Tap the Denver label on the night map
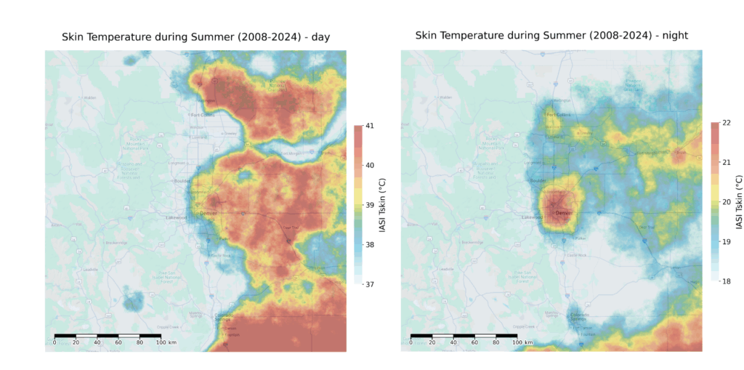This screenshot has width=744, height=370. tap(564, 212)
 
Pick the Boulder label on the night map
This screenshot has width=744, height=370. tap(538, 181)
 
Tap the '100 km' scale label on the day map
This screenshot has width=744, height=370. tap(167, 343)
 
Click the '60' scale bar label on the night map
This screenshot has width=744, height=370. tap(474, 342)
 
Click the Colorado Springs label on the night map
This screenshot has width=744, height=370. tap(578, 316)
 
